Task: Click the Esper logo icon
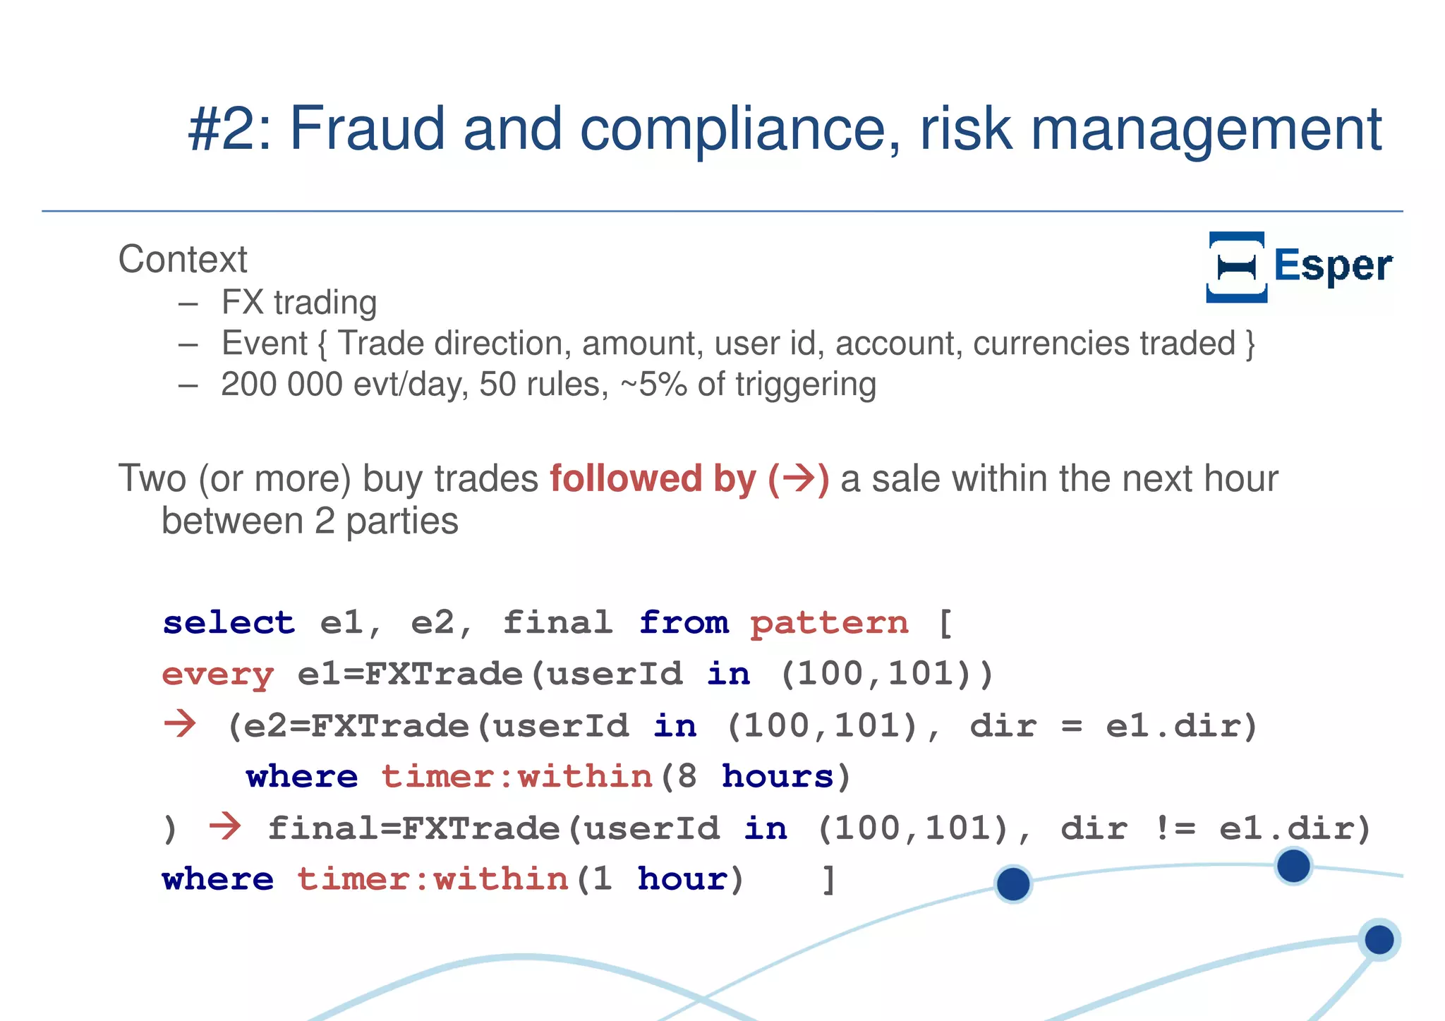(x=1236, y=267)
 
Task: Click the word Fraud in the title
(x=367, y=128)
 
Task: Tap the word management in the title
(x=1206, y=130)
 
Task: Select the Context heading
(x=183, y=259)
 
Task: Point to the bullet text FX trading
(x=299, y=303)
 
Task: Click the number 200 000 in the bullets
(x=282, y=385)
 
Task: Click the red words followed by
(x=653, y=478)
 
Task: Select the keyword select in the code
(x=228, y=622)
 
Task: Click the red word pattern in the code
(x=829, y=622)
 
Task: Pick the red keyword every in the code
(x=217, y=675)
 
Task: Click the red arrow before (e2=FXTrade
(x=180, y=724)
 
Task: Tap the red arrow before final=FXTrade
(x=225, y=826)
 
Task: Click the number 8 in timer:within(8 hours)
(x=687, y=776)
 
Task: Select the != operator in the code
(x=1175, y=828)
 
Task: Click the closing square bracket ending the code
(x=829, y=879)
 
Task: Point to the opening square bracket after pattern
(x=945, y=622)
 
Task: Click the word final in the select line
(x=557, y=622)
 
